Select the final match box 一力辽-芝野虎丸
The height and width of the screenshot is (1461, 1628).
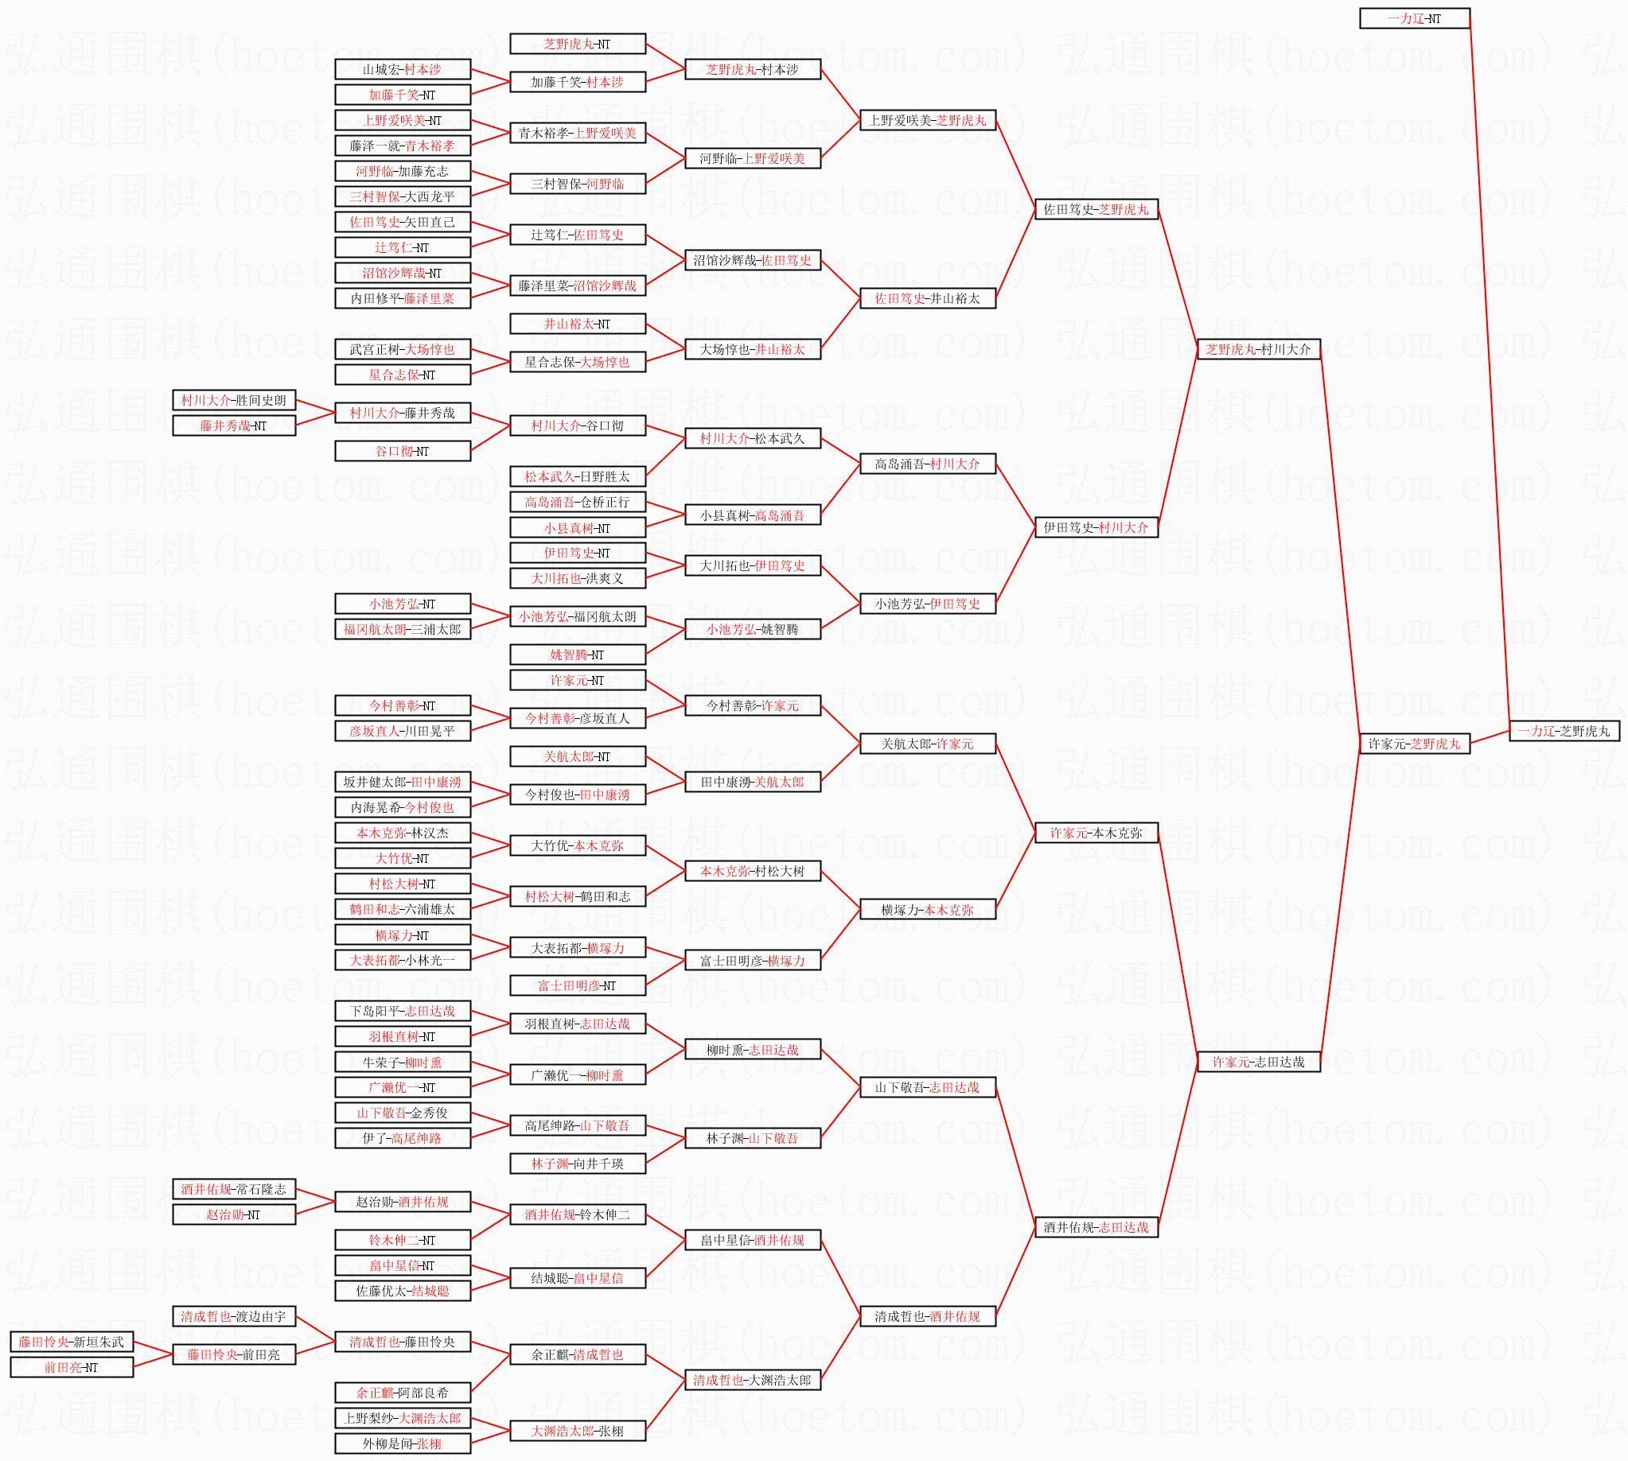[1564, 730]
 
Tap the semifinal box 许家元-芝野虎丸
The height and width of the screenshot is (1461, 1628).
[1413, 744]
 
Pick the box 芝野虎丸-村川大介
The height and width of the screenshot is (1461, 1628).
[1258, 349]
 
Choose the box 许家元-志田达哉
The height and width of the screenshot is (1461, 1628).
[1258, 1061]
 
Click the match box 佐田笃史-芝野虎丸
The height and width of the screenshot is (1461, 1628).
[1096, 209]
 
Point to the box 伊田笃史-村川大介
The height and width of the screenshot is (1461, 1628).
[1096, 527]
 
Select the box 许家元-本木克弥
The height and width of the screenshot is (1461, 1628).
[1096, 833]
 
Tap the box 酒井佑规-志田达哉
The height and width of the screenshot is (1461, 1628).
[1096, 1226]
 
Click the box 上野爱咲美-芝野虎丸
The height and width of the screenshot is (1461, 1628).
[927, 120]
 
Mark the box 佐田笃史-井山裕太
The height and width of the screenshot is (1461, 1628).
[927, 297]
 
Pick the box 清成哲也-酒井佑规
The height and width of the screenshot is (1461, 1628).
[927, 1315]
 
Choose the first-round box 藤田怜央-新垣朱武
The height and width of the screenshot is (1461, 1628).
[72, 1342]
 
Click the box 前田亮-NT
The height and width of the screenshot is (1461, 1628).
[72, 1367]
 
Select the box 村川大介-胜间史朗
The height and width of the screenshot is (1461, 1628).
[234, 400]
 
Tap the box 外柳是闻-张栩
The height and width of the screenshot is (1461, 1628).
[403, 1444]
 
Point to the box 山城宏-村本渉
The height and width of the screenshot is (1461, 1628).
[403, 69]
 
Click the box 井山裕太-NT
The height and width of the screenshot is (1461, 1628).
[578, 324]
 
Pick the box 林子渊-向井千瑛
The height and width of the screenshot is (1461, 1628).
[578, 1164]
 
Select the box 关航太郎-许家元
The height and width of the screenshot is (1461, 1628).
[927, 744]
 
